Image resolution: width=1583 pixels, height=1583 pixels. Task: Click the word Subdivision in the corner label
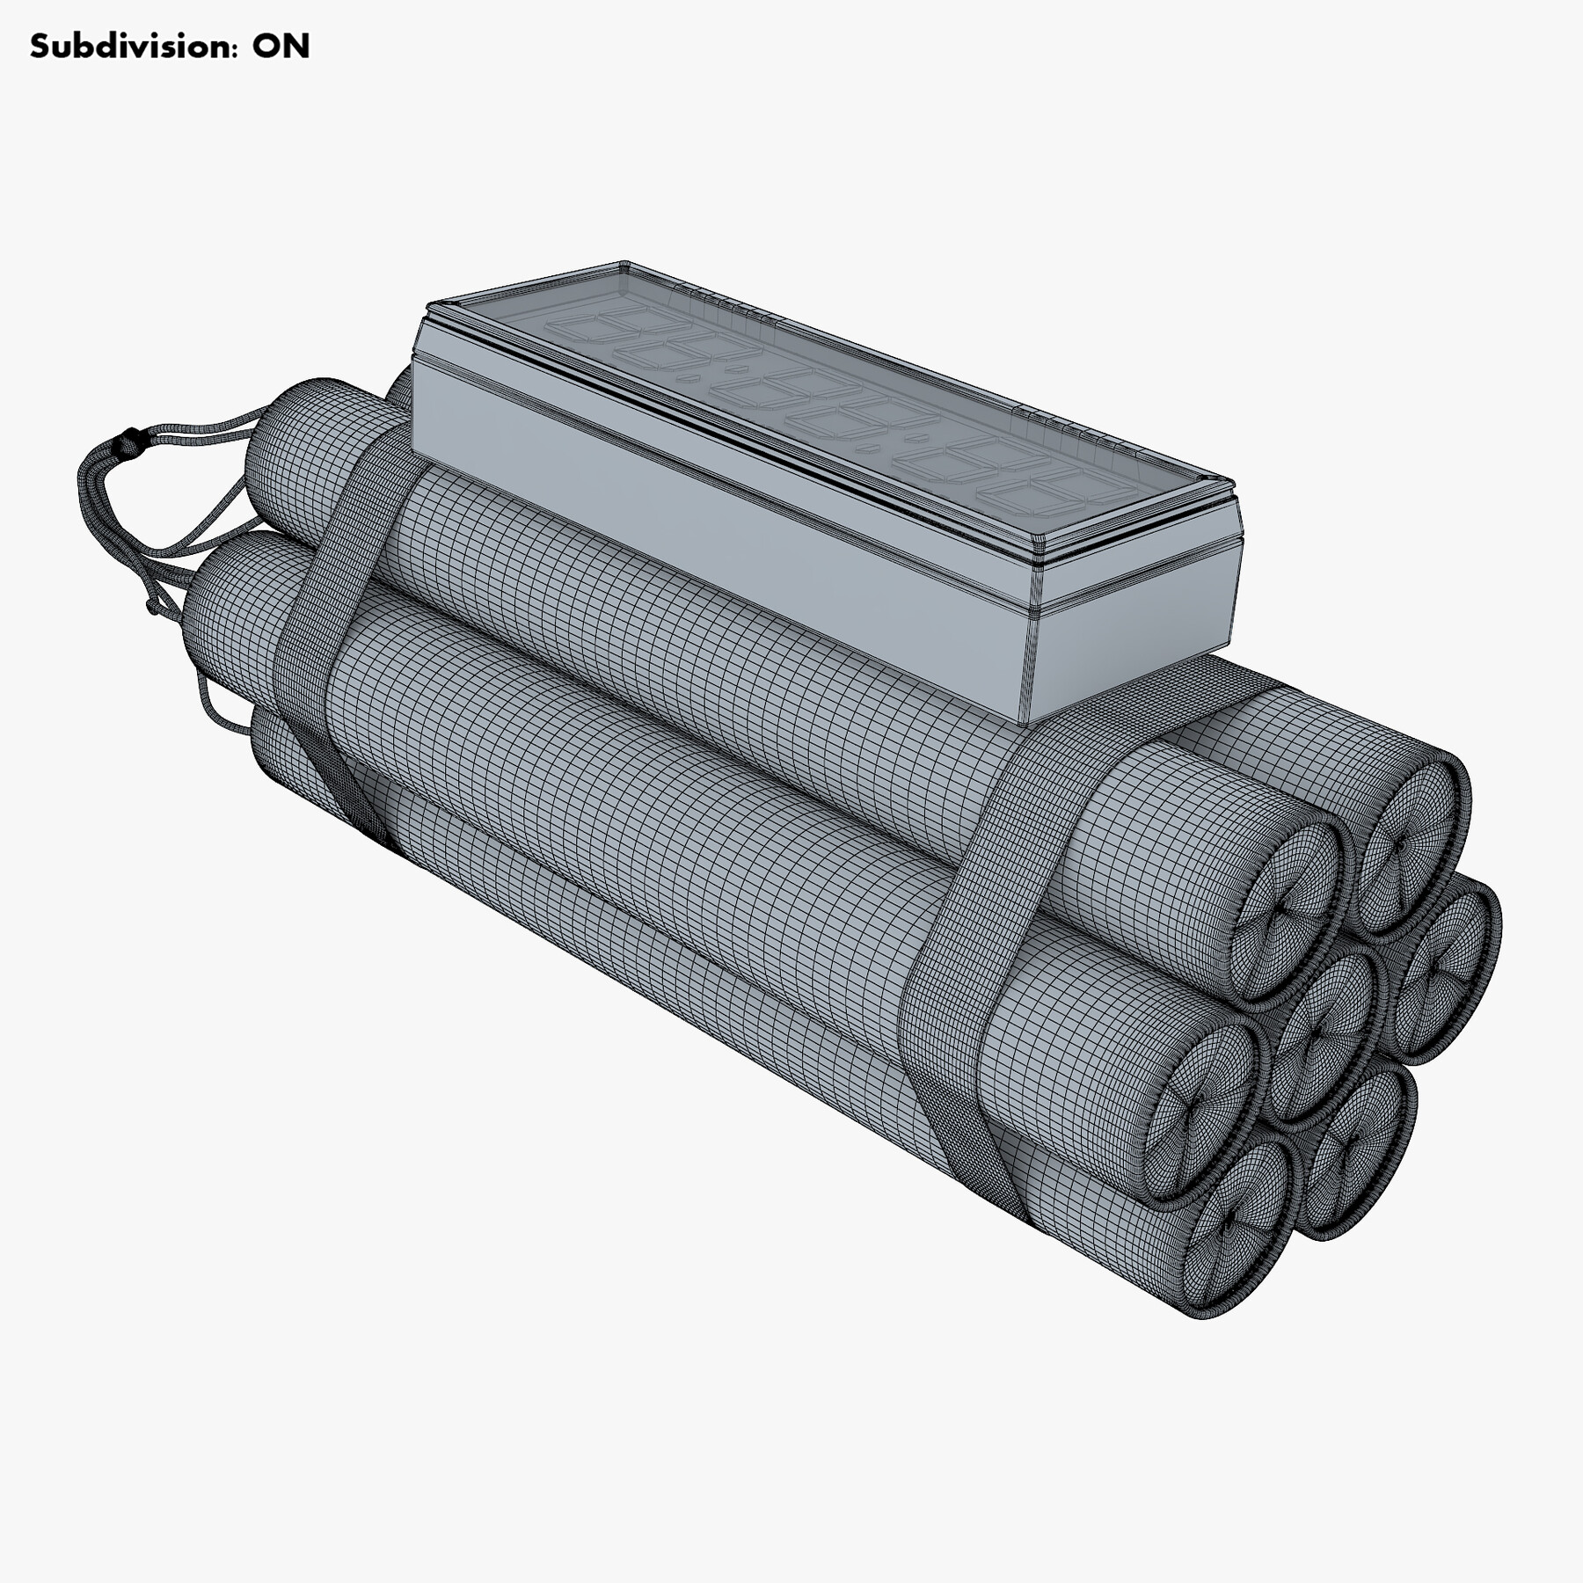(x=132, y=47)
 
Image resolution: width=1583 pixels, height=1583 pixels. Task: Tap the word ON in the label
(x=281, y=47)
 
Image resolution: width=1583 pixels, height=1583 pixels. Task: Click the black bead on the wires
(x=131, y=437)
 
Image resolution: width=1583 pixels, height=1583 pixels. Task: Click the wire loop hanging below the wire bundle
(x=215, y=704)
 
